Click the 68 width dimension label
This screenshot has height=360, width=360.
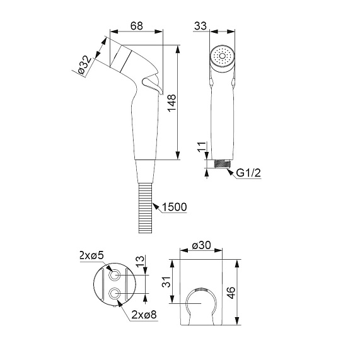[137, 26]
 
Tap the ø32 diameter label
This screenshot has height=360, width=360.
[84, 66]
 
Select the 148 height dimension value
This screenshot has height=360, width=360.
[171, 103]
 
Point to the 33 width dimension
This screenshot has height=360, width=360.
[200, 26]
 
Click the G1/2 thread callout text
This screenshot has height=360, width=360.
[249, 173]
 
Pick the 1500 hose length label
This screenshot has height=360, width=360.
[175, 207]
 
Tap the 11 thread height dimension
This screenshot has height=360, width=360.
[202, 148]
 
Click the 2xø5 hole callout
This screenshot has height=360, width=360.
[91, 255]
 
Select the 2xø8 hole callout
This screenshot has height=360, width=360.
[144, 315]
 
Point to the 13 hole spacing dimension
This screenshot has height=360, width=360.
[140, 261]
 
